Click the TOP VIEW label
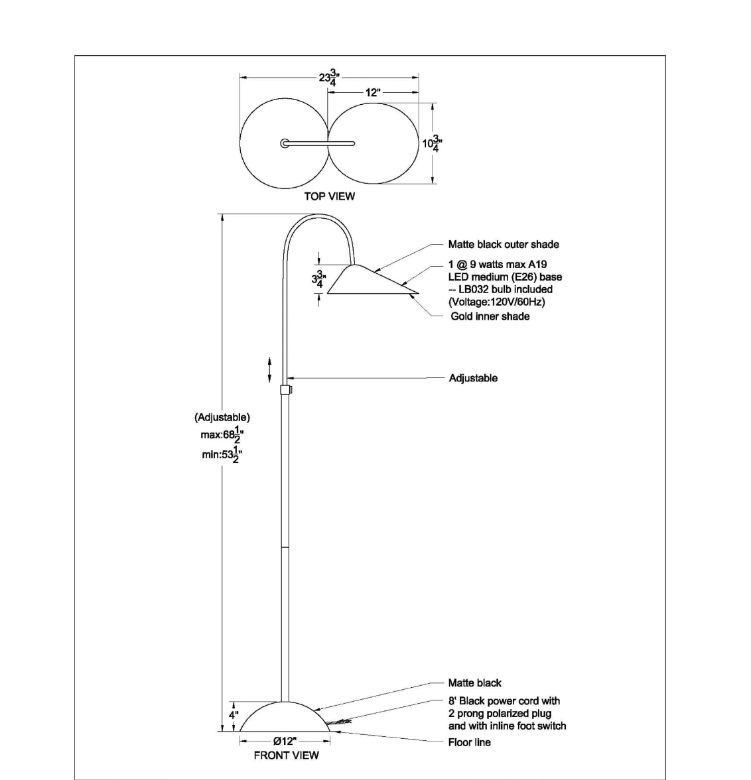point(330,196)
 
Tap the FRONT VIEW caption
point(286,755)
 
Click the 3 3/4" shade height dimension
point(319,280)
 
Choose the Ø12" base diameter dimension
point(285,742)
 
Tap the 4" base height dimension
point(234,715)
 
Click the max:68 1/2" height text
point(222,435)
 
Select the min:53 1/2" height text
point(222,454)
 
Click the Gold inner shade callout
point(490,316)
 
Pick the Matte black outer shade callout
point(503,244)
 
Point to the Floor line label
point(469,742)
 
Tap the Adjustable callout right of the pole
point(473,378)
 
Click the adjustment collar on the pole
point(286,389)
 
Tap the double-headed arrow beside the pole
point(270,369)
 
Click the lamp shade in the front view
point(373,280)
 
